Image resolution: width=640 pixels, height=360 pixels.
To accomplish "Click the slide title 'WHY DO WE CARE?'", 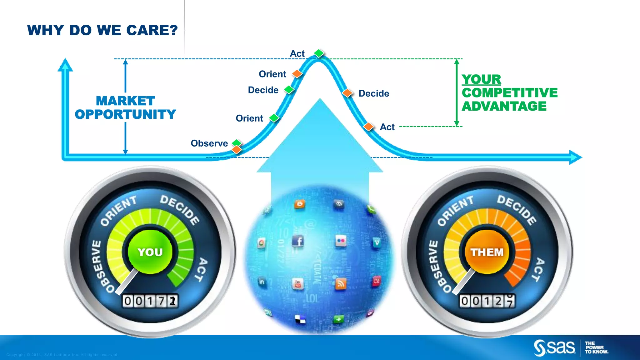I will point(102,31).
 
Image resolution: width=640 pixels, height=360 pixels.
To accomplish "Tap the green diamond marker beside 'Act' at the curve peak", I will point(319,53).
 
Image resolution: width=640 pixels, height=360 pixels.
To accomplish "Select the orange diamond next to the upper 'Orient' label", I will point(297,74).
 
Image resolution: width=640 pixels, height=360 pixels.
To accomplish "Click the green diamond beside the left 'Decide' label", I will point(289,90).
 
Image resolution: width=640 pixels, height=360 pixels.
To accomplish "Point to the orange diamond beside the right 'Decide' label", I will point(347,93).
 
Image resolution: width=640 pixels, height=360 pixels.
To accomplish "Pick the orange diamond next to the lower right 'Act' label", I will point(369,127).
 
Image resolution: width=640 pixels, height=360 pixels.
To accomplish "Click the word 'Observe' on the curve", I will point(209,143).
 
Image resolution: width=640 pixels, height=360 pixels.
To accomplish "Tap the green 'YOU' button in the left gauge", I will point(150,252).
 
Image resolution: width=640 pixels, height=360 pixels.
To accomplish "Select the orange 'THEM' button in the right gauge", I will point(487,252).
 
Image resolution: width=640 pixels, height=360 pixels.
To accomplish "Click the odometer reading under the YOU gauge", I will point(150,301).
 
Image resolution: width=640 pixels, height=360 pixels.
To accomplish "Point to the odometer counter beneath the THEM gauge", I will point(487,301).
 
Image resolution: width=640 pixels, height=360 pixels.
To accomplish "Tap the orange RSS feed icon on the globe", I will point(340,284).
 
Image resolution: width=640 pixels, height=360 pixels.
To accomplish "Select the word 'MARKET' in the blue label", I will point(125,101).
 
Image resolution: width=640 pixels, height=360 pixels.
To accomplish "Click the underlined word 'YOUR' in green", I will point(481,79).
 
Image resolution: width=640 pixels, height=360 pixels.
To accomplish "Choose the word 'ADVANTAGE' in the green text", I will point(504,106).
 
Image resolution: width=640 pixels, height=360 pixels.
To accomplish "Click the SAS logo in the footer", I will point(554,347).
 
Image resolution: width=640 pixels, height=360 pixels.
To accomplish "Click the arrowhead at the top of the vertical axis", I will point(65,65).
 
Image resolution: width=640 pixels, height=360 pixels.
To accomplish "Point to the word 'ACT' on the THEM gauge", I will point(540,269).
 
